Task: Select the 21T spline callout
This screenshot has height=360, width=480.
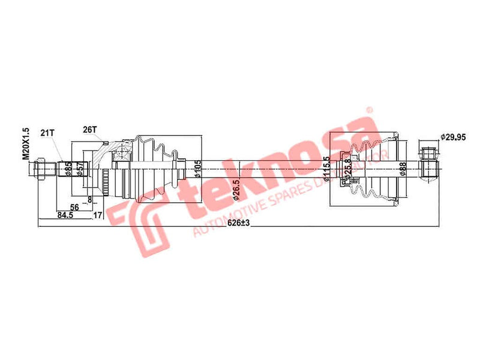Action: click(x=47, y=132)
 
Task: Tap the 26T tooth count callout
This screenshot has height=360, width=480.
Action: click(x=89, y=129)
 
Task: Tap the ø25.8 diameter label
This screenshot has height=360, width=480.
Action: click(x=349, y=170)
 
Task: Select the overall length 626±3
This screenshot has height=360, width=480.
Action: click(x=239, y=222)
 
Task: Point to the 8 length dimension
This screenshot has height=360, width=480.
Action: click(x=90, y=199)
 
